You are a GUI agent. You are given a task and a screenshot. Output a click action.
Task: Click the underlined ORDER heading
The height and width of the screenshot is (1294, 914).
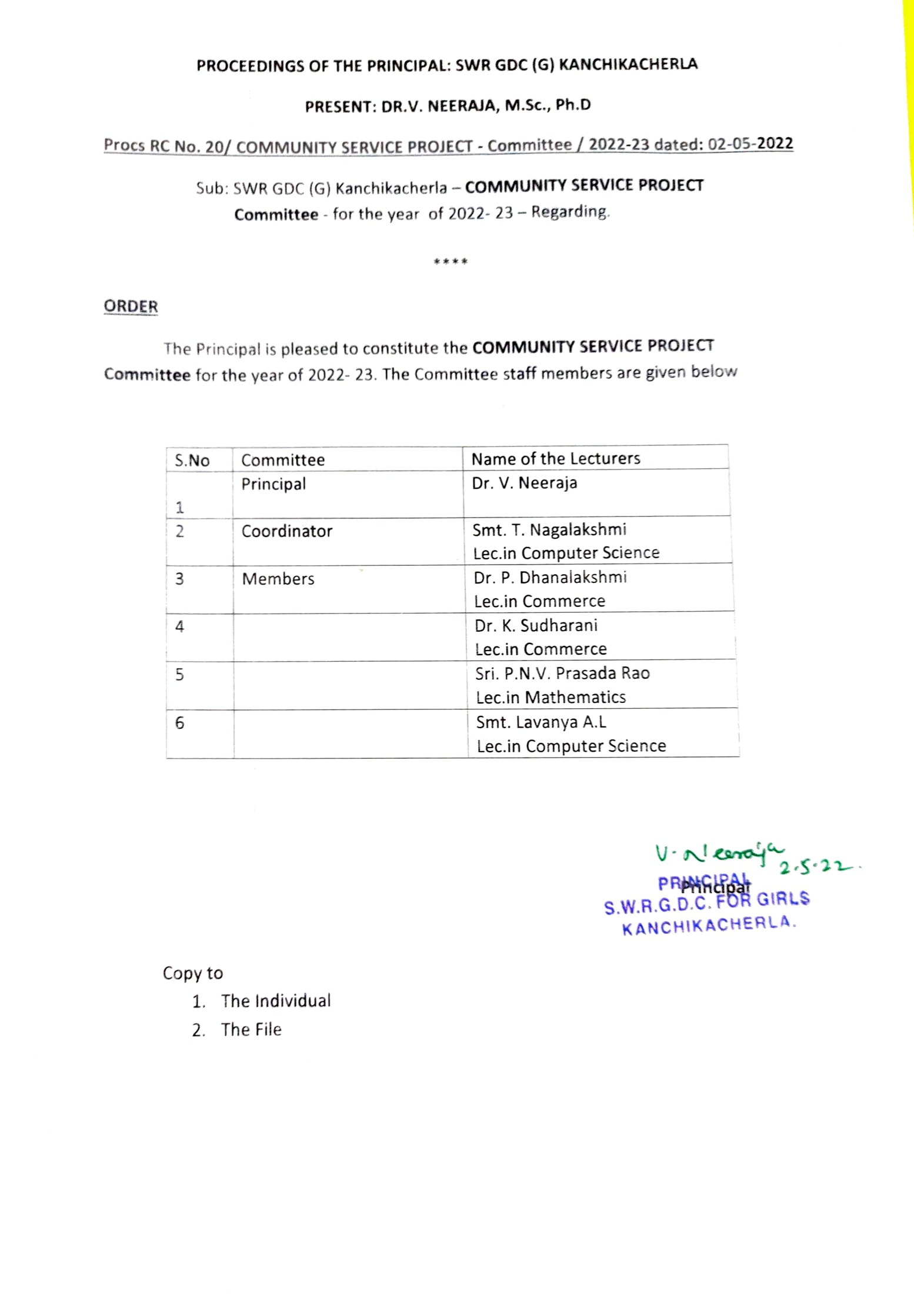(x=131, y=306)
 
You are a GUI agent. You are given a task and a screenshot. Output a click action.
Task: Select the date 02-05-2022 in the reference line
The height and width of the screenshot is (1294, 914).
(x=750, y=144)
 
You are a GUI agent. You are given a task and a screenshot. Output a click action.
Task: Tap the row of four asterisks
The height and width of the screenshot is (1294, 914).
(x=451, y=262)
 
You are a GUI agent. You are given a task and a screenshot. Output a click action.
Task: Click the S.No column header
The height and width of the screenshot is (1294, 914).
(x=192, y=461)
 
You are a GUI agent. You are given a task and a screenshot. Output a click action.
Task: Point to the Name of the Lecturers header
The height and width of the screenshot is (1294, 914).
(x=555, y=459)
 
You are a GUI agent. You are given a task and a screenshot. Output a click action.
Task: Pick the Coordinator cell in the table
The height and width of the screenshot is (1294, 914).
(x=286, y=531)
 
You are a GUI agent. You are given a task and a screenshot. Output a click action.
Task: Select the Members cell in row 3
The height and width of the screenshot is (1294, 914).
(x=278, y=579)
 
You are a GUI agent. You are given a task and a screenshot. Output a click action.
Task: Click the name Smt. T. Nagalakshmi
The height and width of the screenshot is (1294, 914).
(x=549, y=530)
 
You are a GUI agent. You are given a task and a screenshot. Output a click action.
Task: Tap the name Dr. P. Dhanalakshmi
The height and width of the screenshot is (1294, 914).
(x=550, y=578)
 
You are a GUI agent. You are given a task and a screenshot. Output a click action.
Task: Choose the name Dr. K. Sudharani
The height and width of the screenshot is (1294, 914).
(x=536, y=625)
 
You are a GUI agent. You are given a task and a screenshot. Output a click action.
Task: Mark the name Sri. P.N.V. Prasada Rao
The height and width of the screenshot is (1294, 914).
(x=562, y=673)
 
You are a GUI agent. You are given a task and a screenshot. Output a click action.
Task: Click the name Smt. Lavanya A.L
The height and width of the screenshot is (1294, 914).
(x=541, y=722)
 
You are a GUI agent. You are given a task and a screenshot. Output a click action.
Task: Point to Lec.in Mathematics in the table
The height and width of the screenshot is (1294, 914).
(x=551, y=698)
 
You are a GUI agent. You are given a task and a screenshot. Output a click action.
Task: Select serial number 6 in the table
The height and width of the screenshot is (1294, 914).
(x=179, y=723)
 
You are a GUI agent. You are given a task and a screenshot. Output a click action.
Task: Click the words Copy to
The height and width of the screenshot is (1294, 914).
(x=192, y=973)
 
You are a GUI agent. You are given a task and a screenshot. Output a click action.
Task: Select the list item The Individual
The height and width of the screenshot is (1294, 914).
(x=275, y=1001)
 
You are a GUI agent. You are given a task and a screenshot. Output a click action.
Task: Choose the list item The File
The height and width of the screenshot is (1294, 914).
(x=251, y=1030)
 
